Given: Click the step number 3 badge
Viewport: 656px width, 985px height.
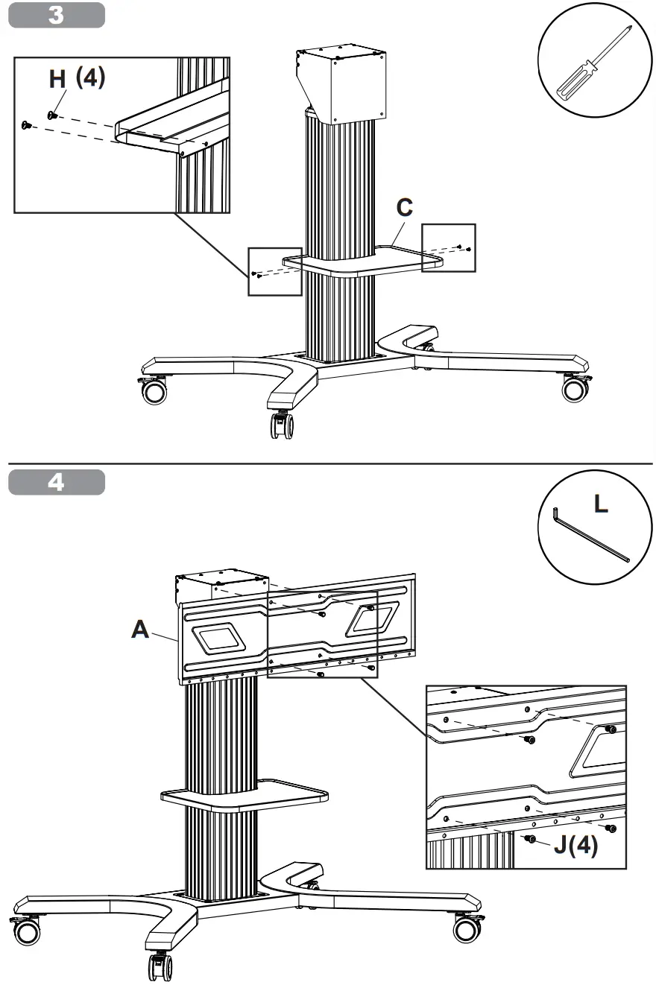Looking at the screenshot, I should (x=57, y=16).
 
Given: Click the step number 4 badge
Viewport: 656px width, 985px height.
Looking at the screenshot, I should (x=57, y=483).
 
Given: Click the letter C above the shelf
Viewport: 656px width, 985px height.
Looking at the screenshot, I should (x=404, y=208).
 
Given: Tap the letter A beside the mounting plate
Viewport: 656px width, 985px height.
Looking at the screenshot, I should (x=139, y=630).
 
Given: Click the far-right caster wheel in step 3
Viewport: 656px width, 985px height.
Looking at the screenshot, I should (x=574, y=388).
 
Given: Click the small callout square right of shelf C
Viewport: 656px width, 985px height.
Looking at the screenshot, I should (x=447, y=247).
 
